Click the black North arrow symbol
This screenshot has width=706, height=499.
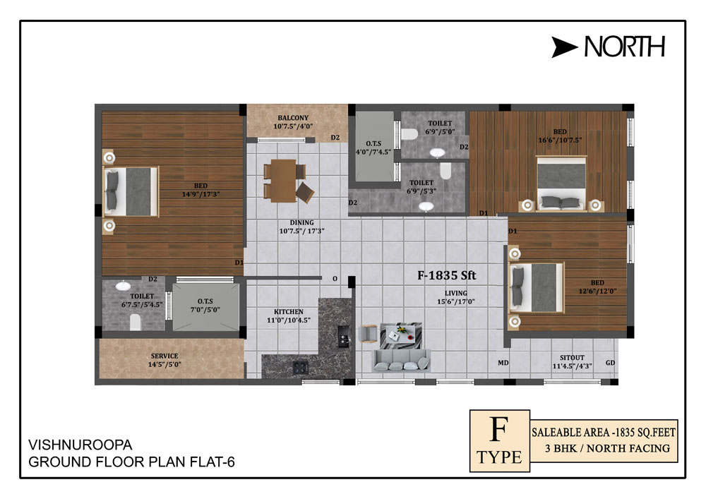click(x=563, y=47)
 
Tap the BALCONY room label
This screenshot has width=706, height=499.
click(x=293, y=118)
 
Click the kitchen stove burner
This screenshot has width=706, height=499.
click(x=300, y=367)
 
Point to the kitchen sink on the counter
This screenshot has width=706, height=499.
click(x=344, y=336)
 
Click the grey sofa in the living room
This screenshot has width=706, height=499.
click(x=401, y=361)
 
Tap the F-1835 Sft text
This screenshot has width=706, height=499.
click(x=446, y=275)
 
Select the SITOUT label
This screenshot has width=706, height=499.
click(x=572, y=358)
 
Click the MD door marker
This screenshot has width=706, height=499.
click(x=503, y=363)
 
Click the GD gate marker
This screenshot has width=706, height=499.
click(x=610, y=363)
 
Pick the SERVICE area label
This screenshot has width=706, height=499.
click(x=164, y=356)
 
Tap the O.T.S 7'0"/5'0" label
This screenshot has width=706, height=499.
click(x=205, y=305)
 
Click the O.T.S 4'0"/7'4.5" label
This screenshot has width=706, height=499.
click(x=373, y=148)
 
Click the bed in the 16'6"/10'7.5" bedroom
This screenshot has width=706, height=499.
click(x=561, y=183)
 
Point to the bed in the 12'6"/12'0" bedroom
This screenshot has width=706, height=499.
click(x=537, y=288)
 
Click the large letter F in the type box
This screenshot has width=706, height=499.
click(x=499, y=430)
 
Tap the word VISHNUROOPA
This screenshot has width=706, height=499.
click(x=80, y=445)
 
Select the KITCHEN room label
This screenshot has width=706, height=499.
click(x=289, y=312)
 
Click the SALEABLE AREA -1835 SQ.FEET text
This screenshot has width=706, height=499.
click(x=604, y=433)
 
